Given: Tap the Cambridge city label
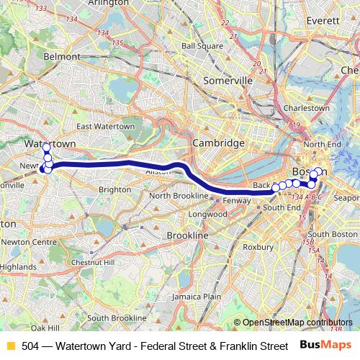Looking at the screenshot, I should click(x=218, y=143).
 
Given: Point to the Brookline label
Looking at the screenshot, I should click(x=187, y=235).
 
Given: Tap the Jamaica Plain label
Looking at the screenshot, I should click(x=202, y=296).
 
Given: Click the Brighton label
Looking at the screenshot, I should click(x=115, y=189).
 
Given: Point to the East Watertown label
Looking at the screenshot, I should click(x=105, y=126).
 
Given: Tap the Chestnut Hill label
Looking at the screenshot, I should click(x=99, y=263).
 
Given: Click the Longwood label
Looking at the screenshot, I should click(x=207, y=215).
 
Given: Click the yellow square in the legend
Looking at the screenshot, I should click(x=9, y=346).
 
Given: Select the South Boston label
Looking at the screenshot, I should click(x=333, y=235).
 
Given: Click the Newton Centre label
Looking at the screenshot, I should click(x=32, y=242).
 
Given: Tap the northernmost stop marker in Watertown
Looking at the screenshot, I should click(x=47, y=148).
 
